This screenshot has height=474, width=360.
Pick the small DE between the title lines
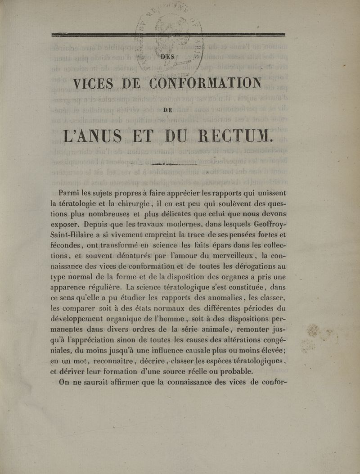[x=168, y=108]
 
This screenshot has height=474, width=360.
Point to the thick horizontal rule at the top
[x=168, y=34]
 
